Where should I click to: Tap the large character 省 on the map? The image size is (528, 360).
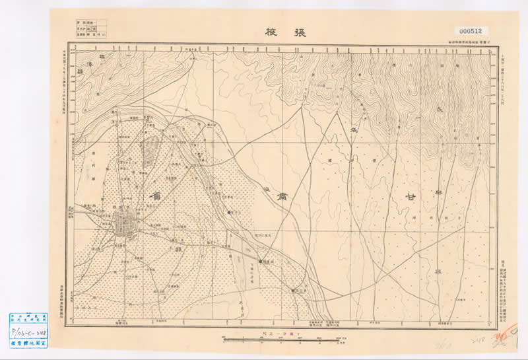156,198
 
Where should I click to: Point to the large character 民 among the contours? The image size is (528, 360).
441,110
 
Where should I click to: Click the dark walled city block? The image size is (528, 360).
125,226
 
